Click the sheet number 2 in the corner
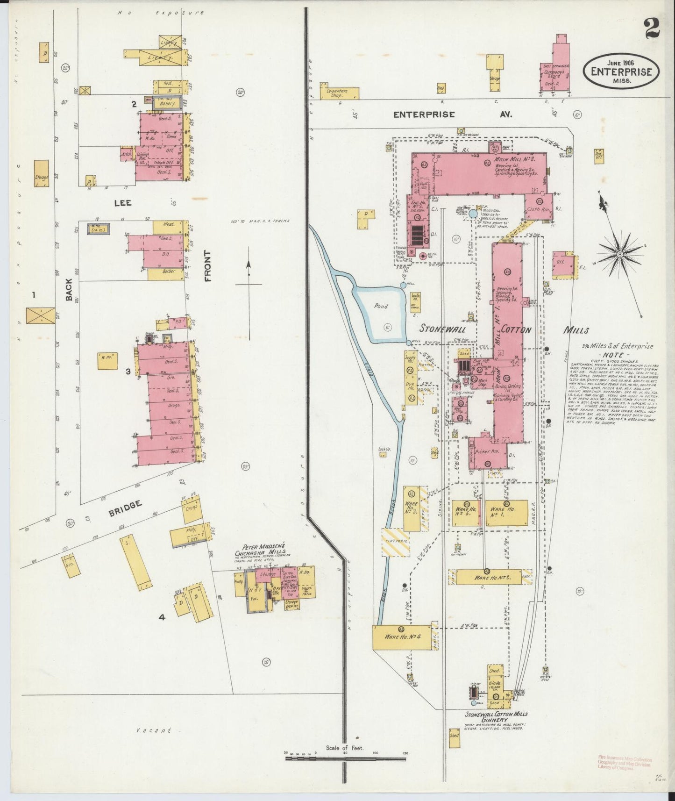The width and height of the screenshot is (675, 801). pos(650,31)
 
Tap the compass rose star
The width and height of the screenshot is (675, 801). pos(620,254)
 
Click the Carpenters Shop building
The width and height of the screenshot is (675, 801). pos(338,91)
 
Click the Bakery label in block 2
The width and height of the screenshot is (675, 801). pos(167,104)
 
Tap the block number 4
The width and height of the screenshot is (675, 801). pos(162,617)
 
